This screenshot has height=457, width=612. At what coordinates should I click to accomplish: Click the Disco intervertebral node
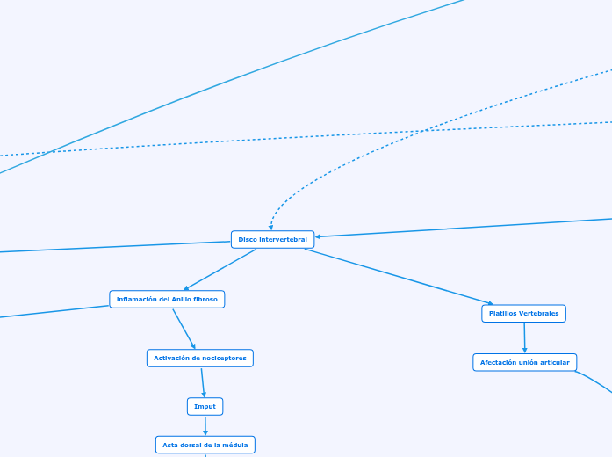tap(272, 239)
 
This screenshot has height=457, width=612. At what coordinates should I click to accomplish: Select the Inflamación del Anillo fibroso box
tap(167, 300)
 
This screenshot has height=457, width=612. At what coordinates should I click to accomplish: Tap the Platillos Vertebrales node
tap(524, 314)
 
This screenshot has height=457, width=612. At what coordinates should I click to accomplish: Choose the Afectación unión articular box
tap(524, 362)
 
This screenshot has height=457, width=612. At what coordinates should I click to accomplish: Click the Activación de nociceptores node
tap(200, 358)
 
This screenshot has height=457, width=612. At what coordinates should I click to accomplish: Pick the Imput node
tap(205, 406)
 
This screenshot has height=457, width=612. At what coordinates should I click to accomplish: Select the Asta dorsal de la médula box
tap(205, 446)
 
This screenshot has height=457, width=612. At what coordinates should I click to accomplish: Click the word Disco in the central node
tap(248, 239)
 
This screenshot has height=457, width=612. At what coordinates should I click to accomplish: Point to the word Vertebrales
tap(538, 314)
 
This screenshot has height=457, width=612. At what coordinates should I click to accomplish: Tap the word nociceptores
tap(223, 358)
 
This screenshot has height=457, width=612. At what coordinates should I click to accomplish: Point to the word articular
tap(553, 362)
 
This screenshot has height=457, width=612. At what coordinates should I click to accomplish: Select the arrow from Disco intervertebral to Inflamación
tap(220, 270)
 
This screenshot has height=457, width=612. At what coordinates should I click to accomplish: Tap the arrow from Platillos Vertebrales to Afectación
tap(524, 338)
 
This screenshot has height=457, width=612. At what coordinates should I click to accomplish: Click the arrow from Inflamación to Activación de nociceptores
tap(184, 329)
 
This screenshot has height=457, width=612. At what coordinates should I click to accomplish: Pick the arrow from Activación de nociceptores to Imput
tap(203, 382)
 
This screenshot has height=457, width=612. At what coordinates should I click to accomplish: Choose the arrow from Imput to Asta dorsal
tap(205, 426)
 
